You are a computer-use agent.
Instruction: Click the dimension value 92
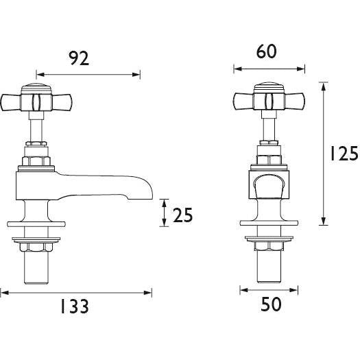coord(80,59)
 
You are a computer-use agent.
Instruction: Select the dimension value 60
coord(267,52)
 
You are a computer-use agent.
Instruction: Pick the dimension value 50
coord(272,304)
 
